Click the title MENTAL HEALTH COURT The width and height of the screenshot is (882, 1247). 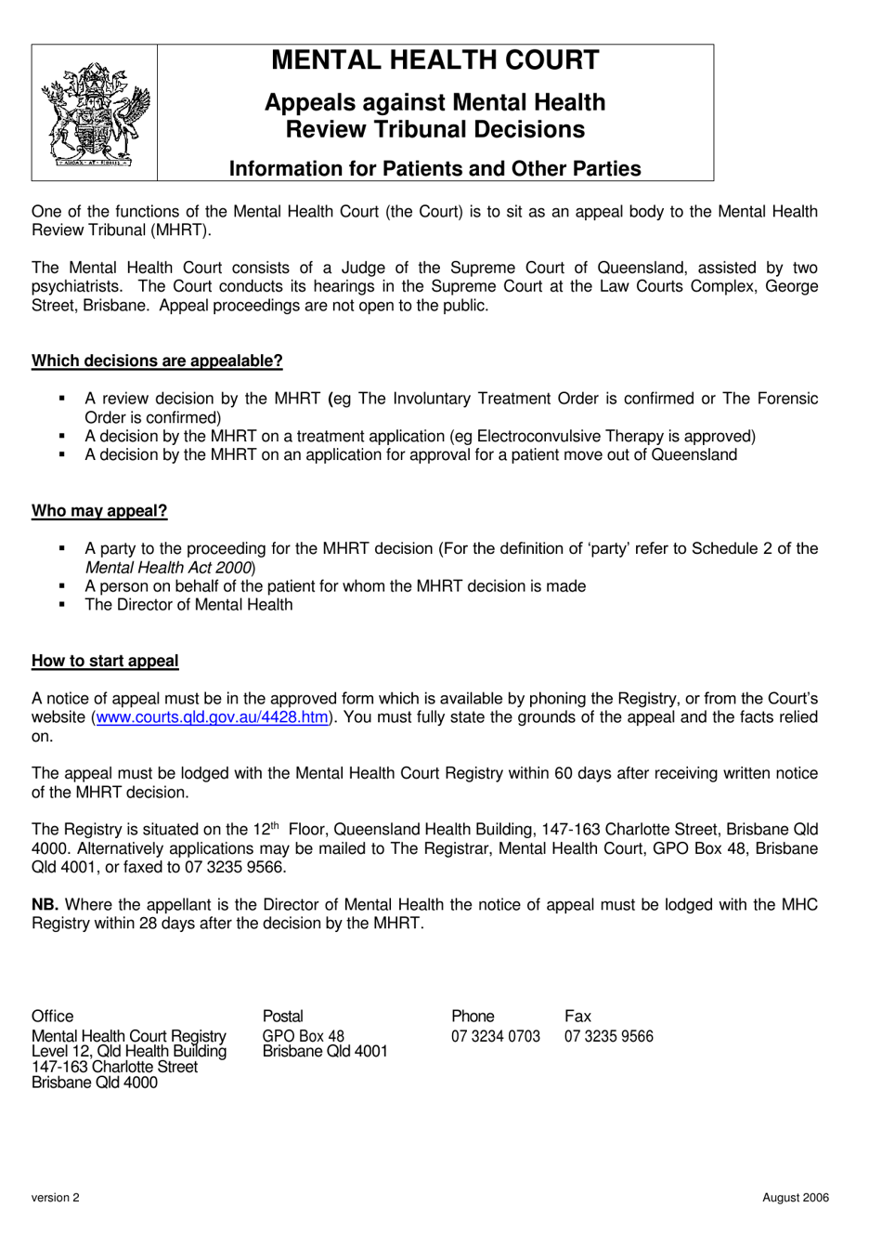(x=435, y=60)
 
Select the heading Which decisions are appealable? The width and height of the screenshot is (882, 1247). (x=157, y=361)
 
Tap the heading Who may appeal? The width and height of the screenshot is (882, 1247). (x=99, y=511)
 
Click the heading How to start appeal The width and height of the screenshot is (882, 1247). (x=105, y=661)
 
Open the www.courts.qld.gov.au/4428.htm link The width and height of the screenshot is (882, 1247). (x=212, y=717)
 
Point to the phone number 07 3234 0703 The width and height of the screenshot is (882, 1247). (x=495, y=1036)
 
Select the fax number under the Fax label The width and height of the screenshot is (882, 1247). (x=608, y=1036)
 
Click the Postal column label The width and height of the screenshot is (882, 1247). (x=282, y=1017)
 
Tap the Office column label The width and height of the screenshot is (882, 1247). (x=52, y=1017)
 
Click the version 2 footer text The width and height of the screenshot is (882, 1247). (x=56, y=1198)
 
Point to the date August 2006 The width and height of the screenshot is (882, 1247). (x=796, y=1198)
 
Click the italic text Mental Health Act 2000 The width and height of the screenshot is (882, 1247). (x=169, y=568)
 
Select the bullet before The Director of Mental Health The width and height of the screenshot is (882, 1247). (x=62, y=605)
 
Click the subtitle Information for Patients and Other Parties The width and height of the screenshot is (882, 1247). (x=435, y=169)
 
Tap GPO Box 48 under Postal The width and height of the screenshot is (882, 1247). (x=303, y=1036)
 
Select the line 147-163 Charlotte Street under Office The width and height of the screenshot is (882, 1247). (x=114, y=1067)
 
